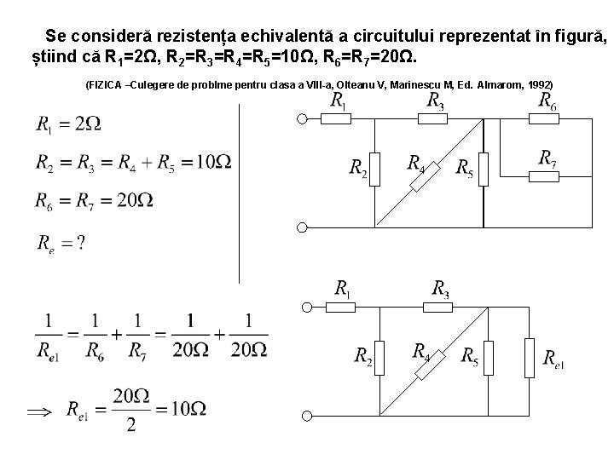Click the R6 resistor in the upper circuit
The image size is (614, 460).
tap(544, 118)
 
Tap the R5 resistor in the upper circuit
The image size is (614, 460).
tap(484, 169)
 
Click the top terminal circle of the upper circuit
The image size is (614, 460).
tap(302, 118)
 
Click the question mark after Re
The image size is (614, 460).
tap(80, 243)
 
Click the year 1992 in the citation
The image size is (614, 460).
tap(539, 85)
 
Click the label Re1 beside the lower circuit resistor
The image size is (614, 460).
tap(554, 360)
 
